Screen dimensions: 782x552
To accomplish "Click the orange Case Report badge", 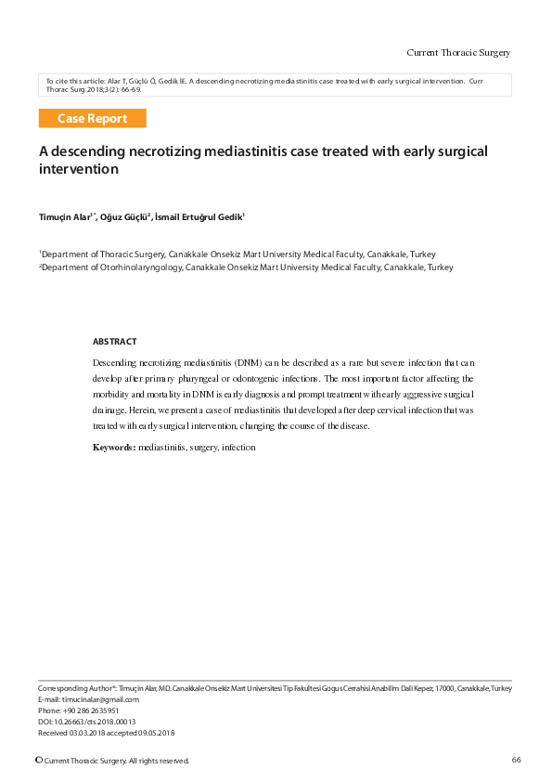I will tap(92, 119).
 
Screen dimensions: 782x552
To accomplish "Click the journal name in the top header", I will tap(458, 52).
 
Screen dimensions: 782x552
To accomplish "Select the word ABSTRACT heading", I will tap(114, 342).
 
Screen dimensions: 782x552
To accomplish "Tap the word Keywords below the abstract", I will tap(113, 448).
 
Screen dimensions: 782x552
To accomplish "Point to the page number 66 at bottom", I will tap(516, 761).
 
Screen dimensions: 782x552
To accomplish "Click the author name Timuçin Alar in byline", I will tap(65, 217).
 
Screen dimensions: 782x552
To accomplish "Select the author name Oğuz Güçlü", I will tap(123, 217).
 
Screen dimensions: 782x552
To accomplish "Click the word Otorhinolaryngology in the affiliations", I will tap(136, 267).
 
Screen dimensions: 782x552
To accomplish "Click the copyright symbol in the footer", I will tap(38, 761).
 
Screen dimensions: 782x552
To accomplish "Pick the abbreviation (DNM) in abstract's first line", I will tap(249, 360).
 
